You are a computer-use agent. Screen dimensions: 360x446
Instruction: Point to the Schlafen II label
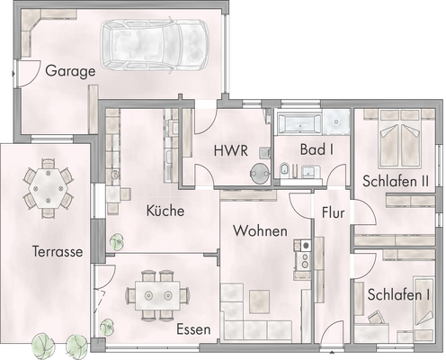click(x=395, y=181)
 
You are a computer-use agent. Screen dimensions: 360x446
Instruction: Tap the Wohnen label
click(x=260, y=231)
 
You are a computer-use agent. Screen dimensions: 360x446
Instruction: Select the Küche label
click(x=165, y=211)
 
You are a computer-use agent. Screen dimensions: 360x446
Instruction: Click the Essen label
click(x=193, y=329)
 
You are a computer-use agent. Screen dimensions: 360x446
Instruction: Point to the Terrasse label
click(x=51, y=252)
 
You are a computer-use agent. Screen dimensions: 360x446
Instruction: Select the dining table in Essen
click(x=157, y=293)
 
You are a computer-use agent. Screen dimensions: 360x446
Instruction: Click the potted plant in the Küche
click(x=116, y=242)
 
